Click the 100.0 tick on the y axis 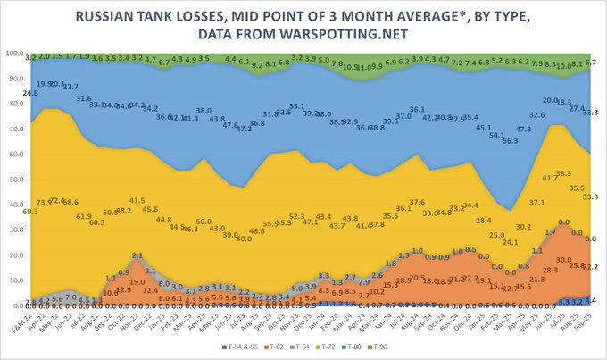click(x=15, y=54)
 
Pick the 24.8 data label click(x=31, y=92)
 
